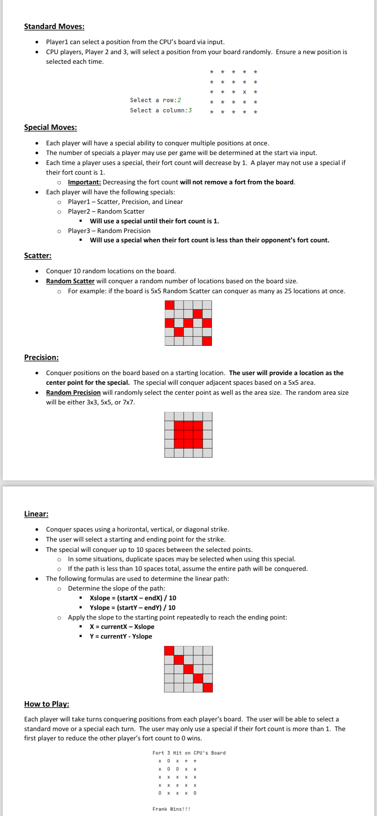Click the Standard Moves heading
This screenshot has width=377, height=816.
click(x=54, y=26)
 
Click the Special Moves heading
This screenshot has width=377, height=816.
click(x=51, y=127)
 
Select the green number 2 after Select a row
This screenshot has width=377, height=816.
click(x=179, y=100)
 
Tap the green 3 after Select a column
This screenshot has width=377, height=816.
click(x=190, y=110)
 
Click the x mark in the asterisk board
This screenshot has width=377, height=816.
click(x=245, y=92)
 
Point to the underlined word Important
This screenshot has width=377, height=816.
click(x=84, y=182)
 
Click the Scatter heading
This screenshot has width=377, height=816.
click(x=38, y=256)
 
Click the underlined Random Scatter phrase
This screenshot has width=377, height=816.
click(x=70, y=281)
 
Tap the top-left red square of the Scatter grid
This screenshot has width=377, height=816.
click(x=169, y=305)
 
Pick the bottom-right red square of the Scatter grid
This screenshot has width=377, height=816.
click(x=207, y=341)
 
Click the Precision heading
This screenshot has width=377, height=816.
click(x=41, y=357)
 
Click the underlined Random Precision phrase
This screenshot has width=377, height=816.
click(x=73, y=393)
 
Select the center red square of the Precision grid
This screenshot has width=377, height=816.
click(x=188, y=434)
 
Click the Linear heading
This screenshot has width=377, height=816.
click(x=36, y=514)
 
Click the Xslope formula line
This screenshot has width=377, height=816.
click(x=133, y=598)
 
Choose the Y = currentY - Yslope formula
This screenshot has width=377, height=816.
click(x=121, y=636)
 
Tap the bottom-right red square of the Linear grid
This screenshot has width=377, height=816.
click(x=208, y=688)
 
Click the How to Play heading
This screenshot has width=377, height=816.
click(x=47, y=704)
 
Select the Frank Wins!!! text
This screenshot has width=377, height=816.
click(x=171, y=809)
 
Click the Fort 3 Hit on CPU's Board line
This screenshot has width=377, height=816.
click(x=189, y=753)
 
